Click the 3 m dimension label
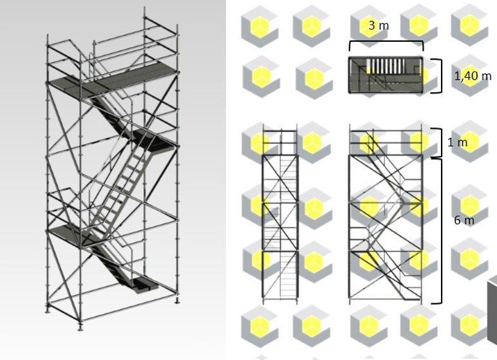click(379, 25)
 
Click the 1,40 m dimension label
click(473, 76)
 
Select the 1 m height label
click(457, 142)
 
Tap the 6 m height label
click(464, 220)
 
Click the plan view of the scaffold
click(386, 75)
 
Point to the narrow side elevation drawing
click(280, 213)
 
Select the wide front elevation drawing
click(386, 213)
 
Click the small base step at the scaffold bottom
click(145, 285)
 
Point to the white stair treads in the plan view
click(386, 65)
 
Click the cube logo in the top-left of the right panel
click(260, 27)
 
